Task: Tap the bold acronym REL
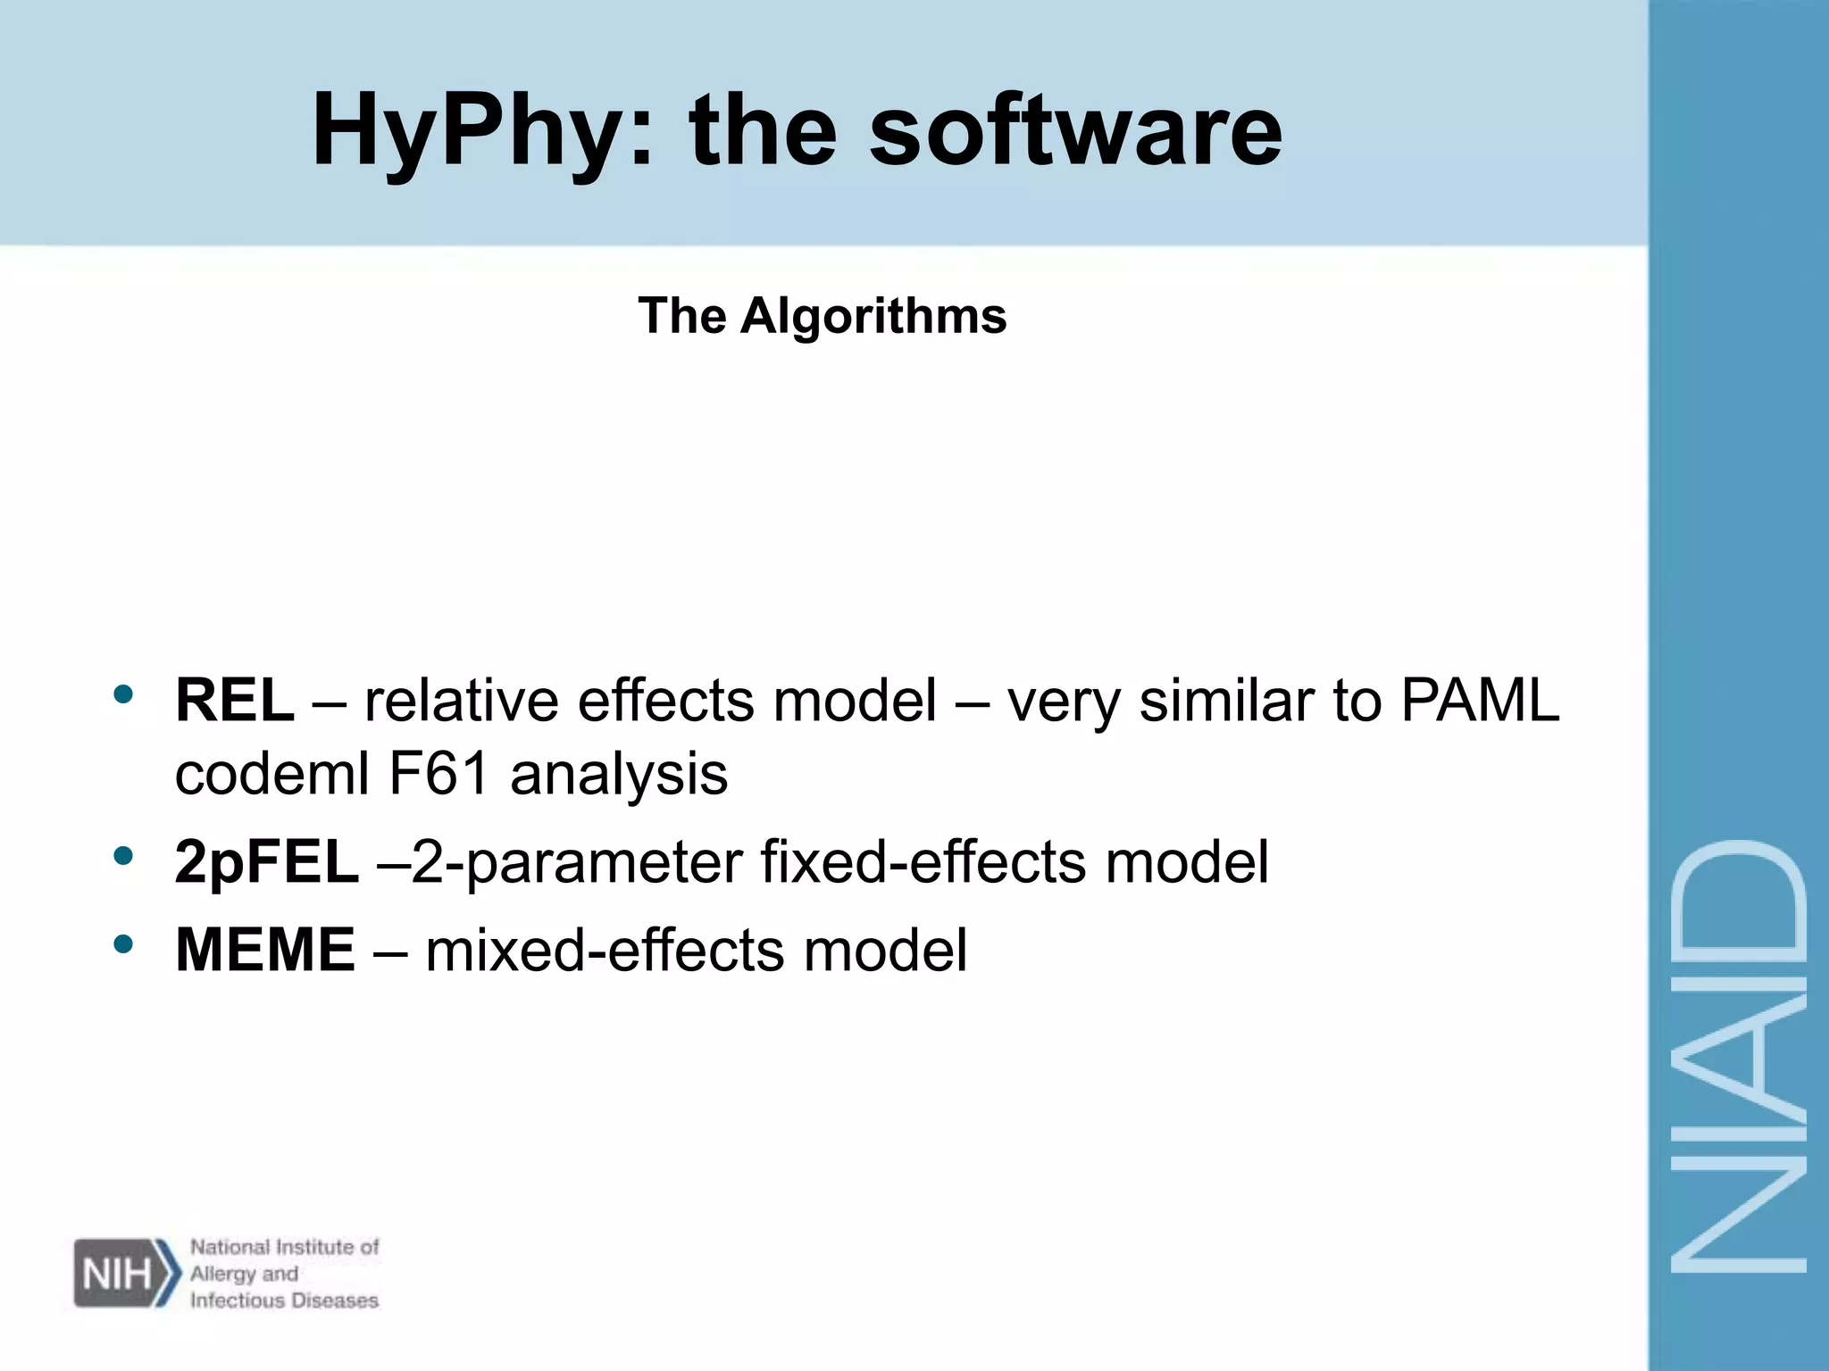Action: pyautogui.click(x=235, y=700)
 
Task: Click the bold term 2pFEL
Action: pyautogui.click(x=267, y=863)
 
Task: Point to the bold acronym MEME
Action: pyautogui.click(x=265, y=950)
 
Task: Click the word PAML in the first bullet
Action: pyautogui.click(x=1480, y=700)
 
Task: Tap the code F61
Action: pyautogui.click(x=439, y=773)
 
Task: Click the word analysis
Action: pyautogui.click(x=619, y=773)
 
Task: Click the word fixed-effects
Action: pyautogui.click(x=923, y=863)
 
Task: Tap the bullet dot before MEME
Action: pyautogui.click(x=124, y=943)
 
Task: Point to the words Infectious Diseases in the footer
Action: pyautogui.click(x=284, y=1300)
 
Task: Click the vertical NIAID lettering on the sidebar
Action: pyautogui.click(x=1738, y=1058)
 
